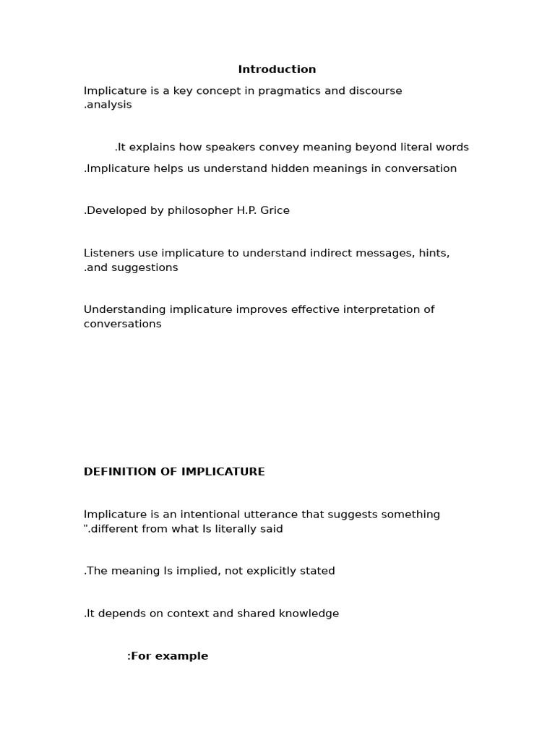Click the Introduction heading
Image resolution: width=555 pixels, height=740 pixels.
pos(277,69)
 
